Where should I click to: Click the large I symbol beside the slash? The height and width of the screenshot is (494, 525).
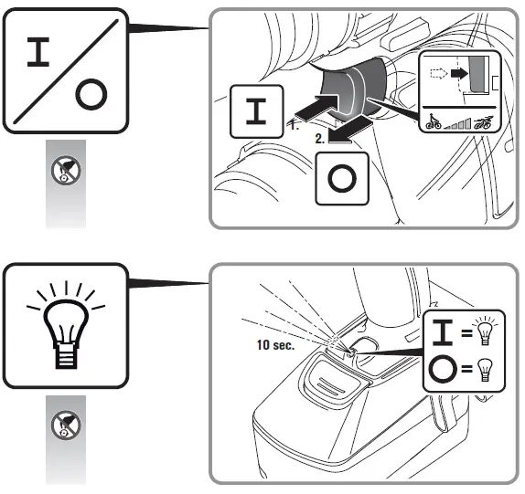click(x=38, y=52)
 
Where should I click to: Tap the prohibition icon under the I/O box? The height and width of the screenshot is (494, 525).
click(x=66, y=170)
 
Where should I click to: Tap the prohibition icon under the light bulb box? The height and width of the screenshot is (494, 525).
click(x=66, y=425)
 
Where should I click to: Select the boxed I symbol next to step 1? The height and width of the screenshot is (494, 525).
click(x=256, y=111)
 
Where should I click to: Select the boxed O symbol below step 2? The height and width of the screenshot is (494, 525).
click(x=342, y=178)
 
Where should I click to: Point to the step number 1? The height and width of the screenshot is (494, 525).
click(x=294, y=125)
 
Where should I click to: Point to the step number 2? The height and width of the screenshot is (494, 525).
click(x=320, y=139)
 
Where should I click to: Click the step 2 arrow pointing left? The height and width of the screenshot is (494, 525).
click(x=350, y=132)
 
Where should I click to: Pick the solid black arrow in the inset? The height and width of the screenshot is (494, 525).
click(x=459, y=74)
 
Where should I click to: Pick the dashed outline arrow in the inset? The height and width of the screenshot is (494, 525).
click(x=439, y=74)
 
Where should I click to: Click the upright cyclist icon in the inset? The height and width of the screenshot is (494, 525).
click(x=434, y=121)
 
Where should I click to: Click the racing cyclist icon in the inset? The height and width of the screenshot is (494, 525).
click(x=484, y=122)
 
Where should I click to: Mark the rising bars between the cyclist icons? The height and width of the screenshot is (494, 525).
click(x=457, y=123)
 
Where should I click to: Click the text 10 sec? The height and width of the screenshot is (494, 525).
click(x=275, y=345)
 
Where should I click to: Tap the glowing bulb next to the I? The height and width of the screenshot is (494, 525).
click(x=485, y=331)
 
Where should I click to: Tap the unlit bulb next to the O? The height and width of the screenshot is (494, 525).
click(x=485, y=369)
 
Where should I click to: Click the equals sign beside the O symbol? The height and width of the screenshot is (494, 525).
click(x=466, y=369)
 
